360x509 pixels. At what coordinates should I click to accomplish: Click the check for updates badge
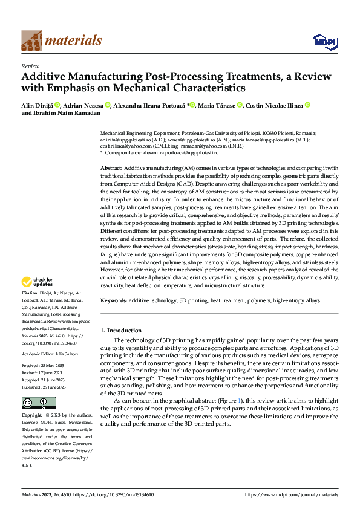click(x=37, y=282)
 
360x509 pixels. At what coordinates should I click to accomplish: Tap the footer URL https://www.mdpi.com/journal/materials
click(x=292, y=494)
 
